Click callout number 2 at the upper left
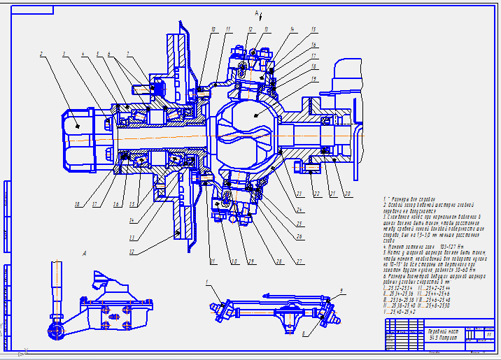pyautogui.click(x=41, y=53)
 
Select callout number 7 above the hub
pyautogui.click(x=128, y=53)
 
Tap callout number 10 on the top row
pyautogui.click(x=213, y=29)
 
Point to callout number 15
pyautogui.click(x=313, y=29)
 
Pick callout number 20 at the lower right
pyautogui.click(x=348, y=193)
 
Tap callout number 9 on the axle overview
pyautogui.click(x=341, y=289)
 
